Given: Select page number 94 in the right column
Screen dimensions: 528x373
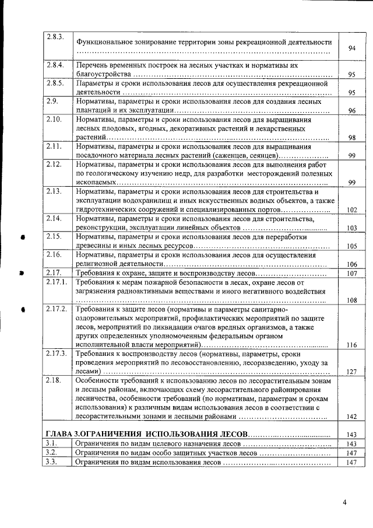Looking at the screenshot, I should tap(351, 48).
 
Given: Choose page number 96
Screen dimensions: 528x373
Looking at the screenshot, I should tap(351, 111).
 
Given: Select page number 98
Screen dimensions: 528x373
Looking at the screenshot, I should tap(351, 138).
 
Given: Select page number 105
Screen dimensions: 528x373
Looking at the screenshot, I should tap(351, 246).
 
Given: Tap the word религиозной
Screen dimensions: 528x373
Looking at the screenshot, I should tap(96, 264).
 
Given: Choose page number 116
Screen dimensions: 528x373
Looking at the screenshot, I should tap(351, 345).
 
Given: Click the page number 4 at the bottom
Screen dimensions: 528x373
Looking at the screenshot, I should tap(344, 503).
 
